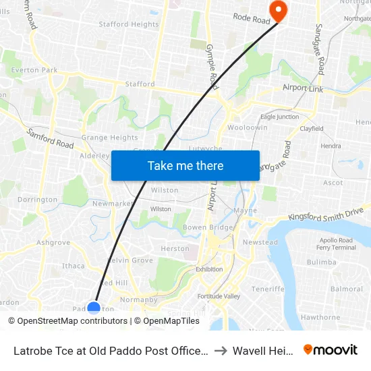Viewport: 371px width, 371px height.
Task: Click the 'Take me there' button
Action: [185, 165]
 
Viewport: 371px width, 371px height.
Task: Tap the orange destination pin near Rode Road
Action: [277, 10]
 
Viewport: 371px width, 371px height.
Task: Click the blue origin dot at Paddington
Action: [94, 309]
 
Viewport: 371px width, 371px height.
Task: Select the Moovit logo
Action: [331, 349]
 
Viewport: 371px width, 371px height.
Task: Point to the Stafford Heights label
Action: [129, 24]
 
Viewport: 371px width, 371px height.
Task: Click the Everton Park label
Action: [35, 69]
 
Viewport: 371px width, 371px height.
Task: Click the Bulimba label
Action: [321, 262]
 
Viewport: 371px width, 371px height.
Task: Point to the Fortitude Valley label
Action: [219, 296]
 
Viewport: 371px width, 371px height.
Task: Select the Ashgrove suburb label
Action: [53, 242]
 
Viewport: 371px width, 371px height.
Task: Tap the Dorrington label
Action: [37, 200]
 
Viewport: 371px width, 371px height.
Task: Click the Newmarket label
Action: [112, 204]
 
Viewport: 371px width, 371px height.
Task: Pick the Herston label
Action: [175, 248]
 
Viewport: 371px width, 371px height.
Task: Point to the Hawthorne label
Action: [320, 317]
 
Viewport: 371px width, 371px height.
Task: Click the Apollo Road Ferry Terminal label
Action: [336, 244]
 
